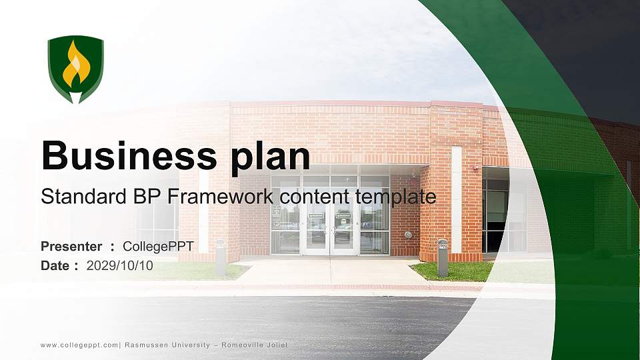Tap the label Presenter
(x=71, y=247)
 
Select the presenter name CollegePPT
(x=157, y=247)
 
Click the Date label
(x=55, y=265)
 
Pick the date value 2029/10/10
(x=120, y=265)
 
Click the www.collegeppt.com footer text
(x=79, y=345)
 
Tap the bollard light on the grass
(x=442, y=257)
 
